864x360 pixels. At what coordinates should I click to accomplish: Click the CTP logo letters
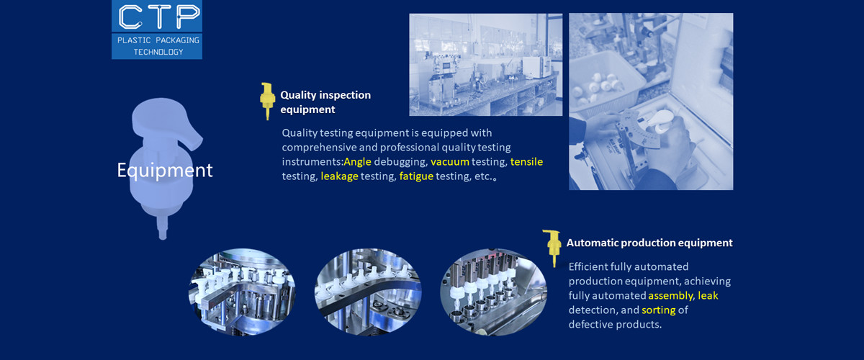[x=156, y=16]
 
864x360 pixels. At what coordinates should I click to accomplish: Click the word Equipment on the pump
[x=165, y=171]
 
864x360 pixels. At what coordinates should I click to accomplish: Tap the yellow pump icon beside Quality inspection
[x=267, y=101]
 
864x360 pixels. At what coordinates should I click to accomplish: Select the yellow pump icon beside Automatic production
[x=553, y=248]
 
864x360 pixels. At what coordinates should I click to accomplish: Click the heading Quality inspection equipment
[x=325, y=102]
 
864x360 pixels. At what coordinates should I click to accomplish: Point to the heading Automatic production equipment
[x=649, y=243]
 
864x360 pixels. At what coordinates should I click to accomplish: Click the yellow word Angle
[x=357, y=161]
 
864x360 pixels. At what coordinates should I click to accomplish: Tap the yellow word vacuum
[x=450, y=161]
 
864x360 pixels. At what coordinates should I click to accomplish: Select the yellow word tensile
[x=526, y=161]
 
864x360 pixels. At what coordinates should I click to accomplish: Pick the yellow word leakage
[x=339, y=176]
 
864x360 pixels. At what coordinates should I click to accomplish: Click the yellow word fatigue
[x=416, y=176]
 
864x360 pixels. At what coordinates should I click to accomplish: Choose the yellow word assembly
[x=671, y=296]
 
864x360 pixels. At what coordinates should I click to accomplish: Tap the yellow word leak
[x=708, y=296]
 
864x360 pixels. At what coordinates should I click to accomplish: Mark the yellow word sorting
[x=658, y=310]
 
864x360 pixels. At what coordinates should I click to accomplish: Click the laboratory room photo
[x=486, y=65]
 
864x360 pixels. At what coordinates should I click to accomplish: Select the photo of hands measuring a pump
[x=651, y=102]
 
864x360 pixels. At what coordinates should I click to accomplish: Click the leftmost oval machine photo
[x=242, y=292]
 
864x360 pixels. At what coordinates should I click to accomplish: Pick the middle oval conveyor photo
[x=367, y=292]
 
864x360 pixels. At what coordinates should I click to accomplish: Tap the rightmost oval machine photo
[x=493, y=292]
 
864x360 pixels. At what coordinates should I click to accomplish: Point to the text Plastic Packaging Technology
[x=157, y=46]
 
